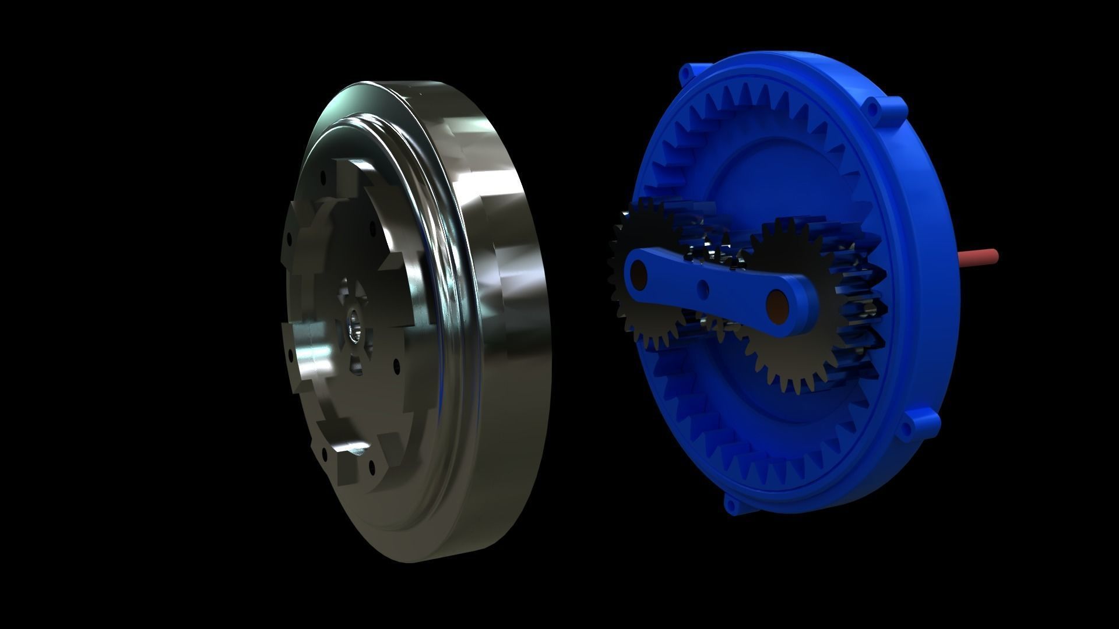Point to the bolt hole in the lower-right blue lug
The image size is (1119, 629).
point(906,430)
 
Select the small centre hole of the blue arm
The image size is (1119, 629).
point(705,287)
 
